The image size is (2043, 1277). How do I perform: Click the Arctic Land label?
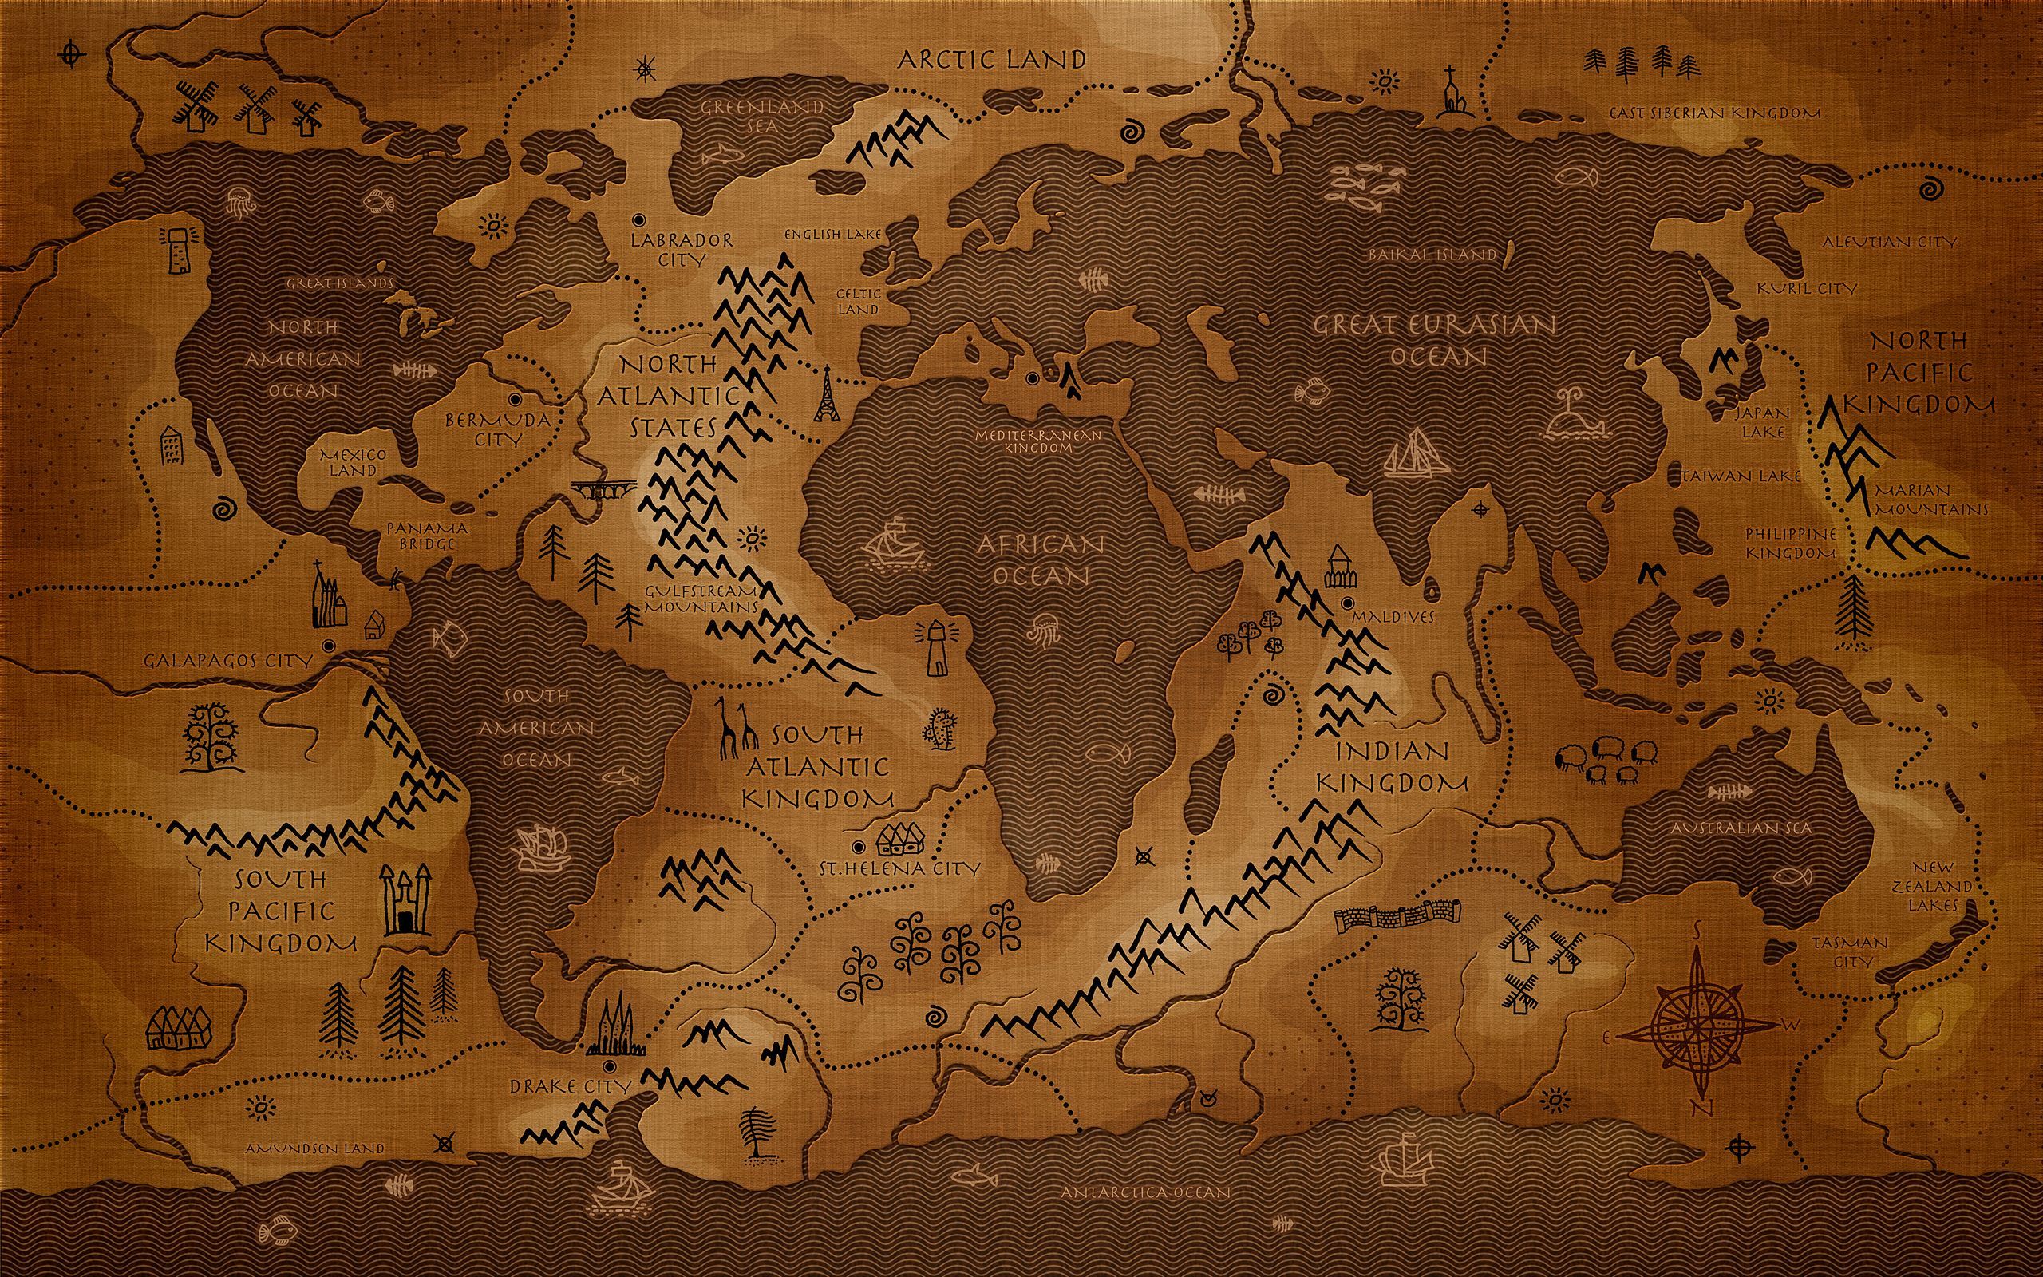991,59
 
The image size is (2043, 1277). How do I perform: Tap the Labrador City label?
682,250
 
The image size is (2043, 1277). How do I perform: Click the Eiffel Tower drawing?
825,394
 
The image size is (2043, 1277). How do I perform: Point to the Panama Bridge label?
427,536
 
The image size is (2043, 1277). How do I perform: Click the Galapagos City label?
228,661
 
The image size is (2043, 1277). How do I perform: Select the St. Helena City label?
900,868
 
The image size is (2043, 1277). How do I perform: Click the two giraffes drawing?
736,728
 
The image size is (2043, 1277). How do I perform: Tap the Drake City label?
570,1086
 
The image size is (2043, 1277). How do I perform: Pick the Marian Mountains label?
1931,500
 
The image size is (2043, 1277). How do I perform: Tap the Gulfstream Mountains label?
702,599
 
